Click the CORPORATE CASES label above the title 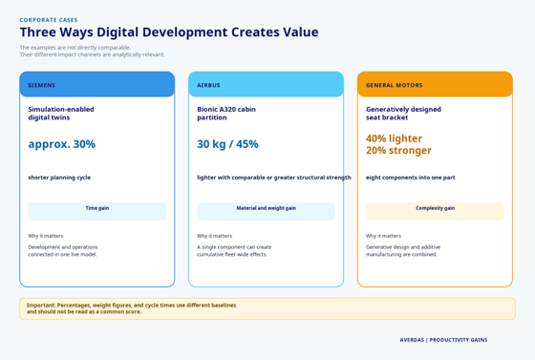49,20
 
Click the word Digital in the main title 118,32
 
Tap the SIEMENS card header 97,85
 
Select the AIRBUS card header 266,85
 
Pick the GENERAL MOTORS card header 435,85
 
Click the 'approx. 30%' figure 62,144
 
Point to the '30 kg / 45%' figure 227,144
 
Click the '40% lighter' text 394,138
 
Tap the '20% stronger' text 398,150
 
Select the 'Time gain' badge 97,211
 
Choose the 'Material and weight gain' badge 266,211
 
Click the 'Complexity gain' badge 435,211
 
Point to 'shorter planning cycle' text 59,178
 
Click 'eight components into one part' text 411,178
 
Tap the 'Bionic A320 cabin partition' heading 226,114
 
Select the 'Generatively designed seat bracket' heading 403,114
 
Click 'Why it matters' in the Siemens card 46,236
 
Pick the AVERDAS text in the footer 412,340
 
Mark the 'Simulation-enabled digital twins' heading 61,114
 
